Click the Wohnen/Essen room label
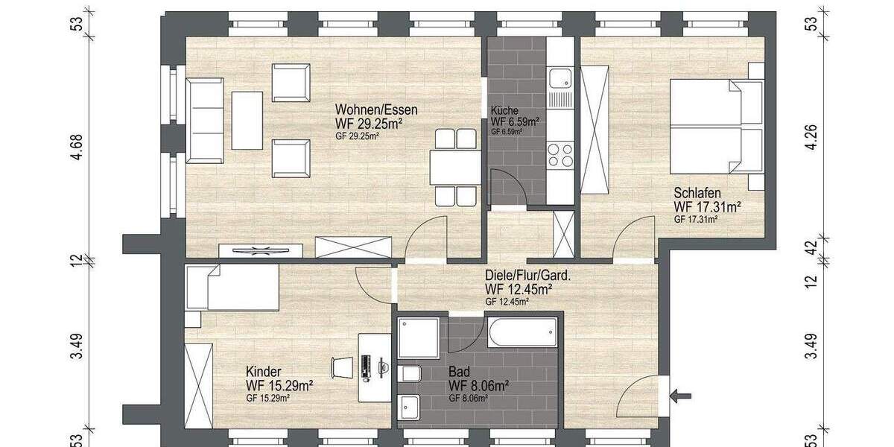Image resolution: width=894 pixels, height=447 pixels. point(376,110)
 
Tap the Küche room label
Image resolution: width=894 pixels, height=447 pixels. point(504,111)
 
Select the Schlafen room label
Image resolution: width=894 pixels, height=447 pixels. point(697,192)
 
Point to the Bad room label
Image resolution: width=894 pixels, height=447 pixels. point(457,371)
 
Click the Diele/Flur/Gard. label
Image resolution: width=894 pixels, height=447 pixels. point(527,275)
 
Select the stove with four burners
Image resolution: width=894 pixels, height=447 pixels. point(560,154)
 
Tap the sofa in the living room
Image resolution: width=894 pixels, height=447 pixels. point(203,121)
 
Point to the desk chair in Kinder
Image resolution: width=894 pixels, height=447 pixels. point(341,367)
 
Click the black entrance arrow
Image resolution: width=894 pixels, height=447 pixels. point(681,396)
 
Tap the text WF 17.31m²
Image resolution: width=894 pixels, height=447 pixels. point(711,206)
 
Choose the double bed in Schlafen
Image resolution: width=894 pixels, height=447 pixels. point(716,127)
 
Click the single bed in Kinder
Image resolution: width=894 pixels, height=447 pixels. point(231,289)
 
